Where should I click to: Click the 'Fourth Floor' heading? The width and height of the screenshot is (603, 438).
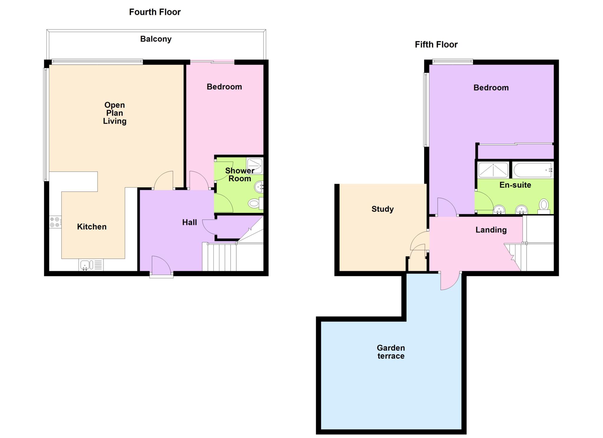[155, 12]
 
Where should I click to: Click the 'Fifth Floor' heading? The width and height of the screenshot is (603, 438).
[436, 45]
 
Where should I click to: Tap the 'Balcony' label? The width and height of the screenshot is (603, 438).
[156, 39]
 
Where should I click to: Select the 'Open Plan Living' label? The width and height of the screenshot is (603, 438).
[115, 113]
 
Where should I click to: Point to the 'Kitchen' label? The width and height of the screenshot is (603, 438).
[92, 227]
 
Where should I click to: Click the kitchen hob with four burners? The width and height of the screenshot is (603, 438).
[55, 222]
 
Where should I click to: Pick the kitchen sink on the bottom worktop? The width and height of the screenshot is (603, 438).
[91, 265]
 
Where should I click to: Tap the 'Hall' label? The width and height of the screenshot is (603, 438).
[189, 222]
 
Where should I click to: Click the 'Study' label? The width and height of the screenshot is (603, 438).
[382, 209]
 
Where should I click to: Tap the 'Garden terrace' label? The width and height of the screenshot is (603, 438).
[391, 352]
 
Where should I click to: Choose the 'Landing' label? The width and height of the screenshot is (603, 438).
[491, 230]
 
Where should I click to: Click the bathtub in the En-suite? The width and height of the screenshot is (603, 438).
[533, 170]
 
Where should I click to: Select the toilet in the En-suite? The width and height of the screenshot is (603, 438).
[544, 206]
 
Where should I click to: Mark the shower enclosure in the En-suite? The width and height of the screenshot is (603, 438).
[493, 170]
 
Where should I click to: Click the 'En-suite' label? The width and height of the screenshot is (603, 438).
[515, 185]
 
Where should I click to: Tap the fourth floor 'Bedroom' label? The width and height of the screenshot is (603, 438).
[224, 87]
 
